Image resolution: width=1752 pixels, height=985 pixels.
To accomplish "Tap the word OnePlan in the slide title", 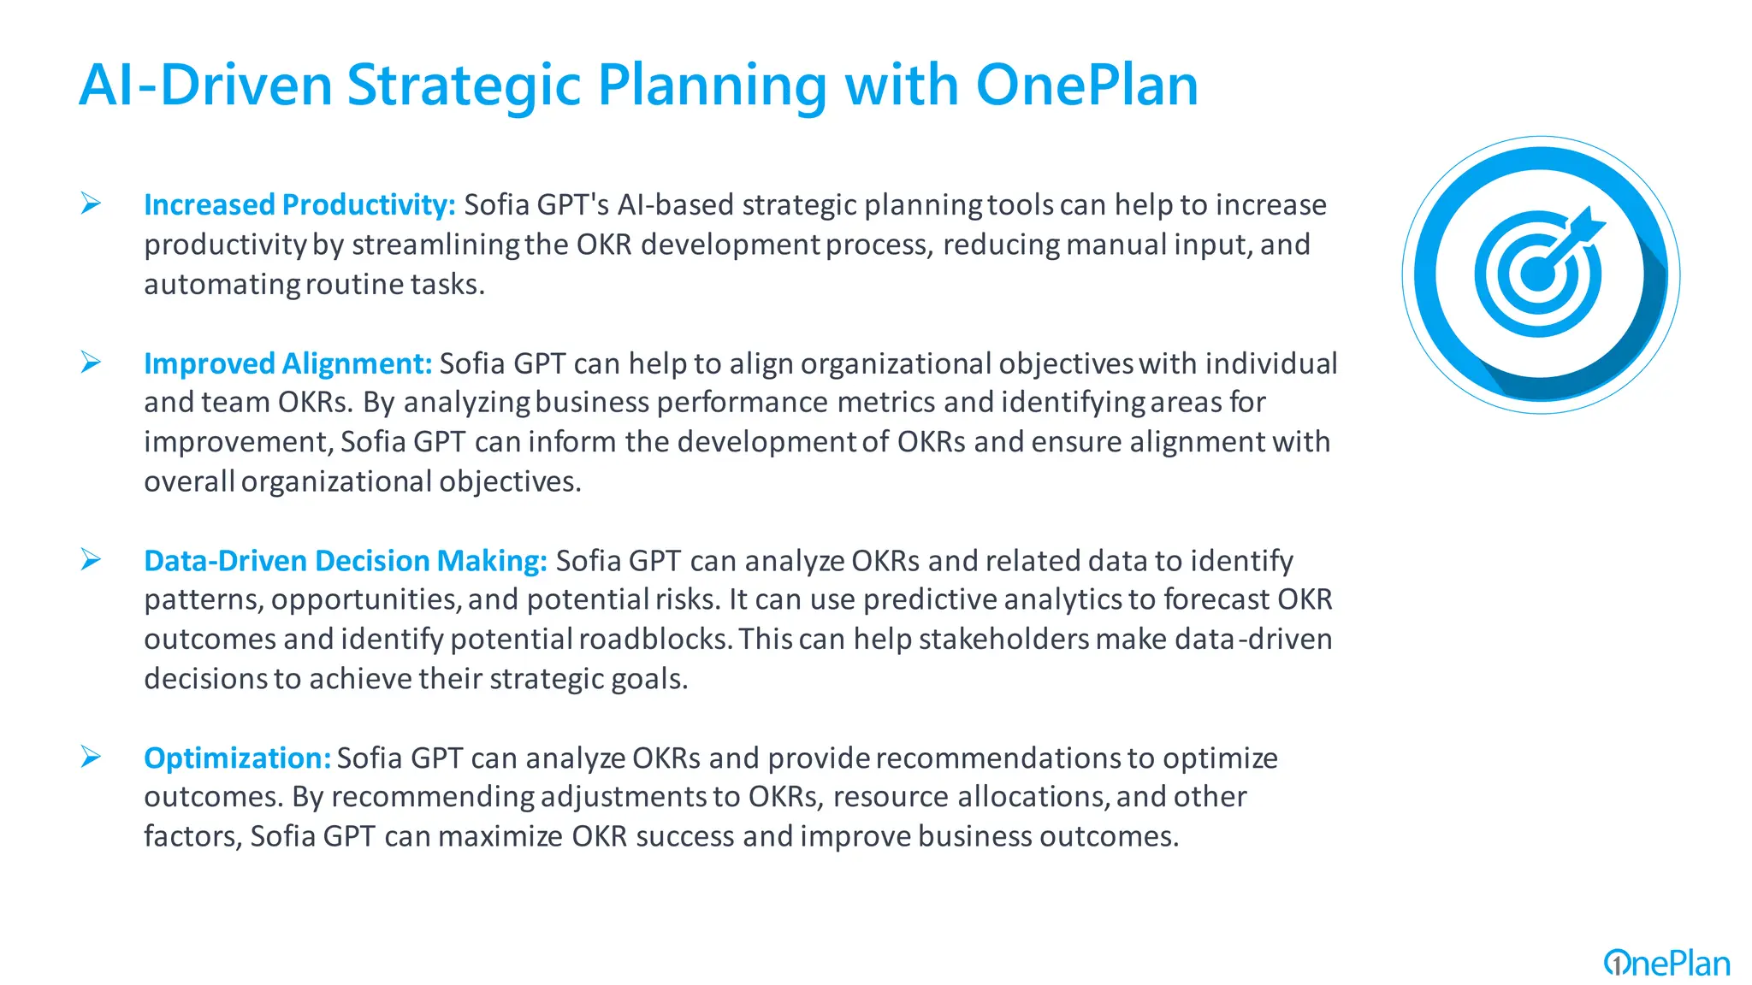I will (x=1086, y=86).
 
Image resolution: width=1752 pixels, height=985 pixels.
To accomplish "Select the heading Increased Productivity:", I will (x=299, y=205).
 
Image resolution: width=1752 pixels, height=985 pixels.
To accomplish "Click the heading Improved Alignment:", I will (x=287, y=364).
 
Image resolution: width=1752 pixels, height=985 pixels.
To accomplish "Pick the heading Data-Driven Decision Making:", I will (x=345, y=561).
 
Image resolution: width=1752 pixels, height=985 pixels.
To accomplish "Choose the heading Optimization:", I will (x=237, y=758).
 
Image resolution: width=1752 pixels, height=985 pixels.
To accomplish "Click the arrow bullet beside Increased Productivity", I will (x=92, y=203).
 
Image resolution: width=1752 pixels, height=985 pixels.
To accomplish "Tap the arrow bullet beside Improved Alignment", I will (x=92, y=363).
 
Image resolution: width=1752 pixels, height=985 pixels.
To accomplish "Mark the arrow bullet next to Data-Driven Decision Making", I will (x=92, y=560).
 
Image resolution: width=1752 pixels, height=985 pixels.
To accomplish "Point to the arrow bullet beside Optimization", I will (x=92, y=757).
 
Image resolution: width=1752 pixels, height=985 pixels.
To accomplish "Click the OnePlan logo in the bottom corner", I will (x=1666, y=964).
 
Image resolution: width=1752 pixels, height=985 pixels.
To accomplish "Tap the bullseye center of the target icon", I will (x=1537, y=275).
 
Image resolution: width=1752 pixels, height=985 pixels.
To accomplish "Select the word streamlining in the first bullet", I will (x=435, y=245).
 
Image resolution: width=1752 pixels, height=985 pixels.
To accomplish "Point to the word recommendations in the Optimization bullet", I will (x=998, y=758).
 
